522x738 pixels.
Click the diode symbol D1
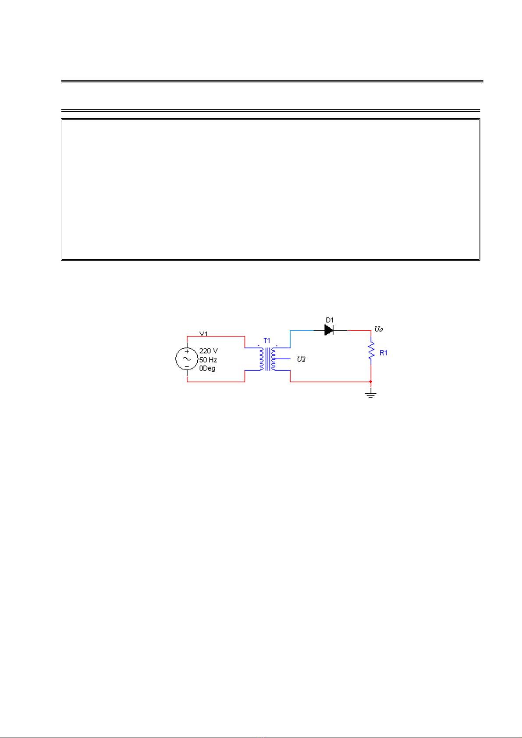(x=329, y=330)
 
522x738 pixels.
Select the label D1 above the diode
(x=330, y=320)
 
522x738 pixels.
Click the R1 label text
(x=384, y=353)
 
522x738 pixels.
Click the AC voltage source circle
(x=187, y=359)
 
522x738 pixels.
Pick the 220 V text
(x=208, y=351)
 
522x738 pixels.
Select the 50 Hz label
(x=208, y=360)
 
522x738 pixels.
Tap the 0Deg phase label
(x=207, y=368)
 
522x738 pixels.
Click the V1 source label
(x=204, y=334)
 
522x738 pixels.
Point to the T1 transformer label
(x=267, y=340)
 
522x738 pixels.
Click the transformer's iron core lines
(x=267, y=359)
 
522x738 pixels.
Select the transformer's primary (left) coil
(x=261, y=359)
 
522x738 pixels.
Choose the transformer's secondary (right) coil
(x=273, y=359)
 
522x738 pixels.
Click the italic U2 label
(x=301, y=359)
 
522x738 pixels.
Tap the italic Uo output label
(x=379, y=329)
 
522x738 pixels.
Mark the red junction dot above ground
(x=371, y=381)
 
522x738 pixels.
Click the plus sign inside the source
(x=187, y=352)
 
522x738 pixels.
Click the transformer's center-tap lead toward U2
(x=283, y=359)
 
